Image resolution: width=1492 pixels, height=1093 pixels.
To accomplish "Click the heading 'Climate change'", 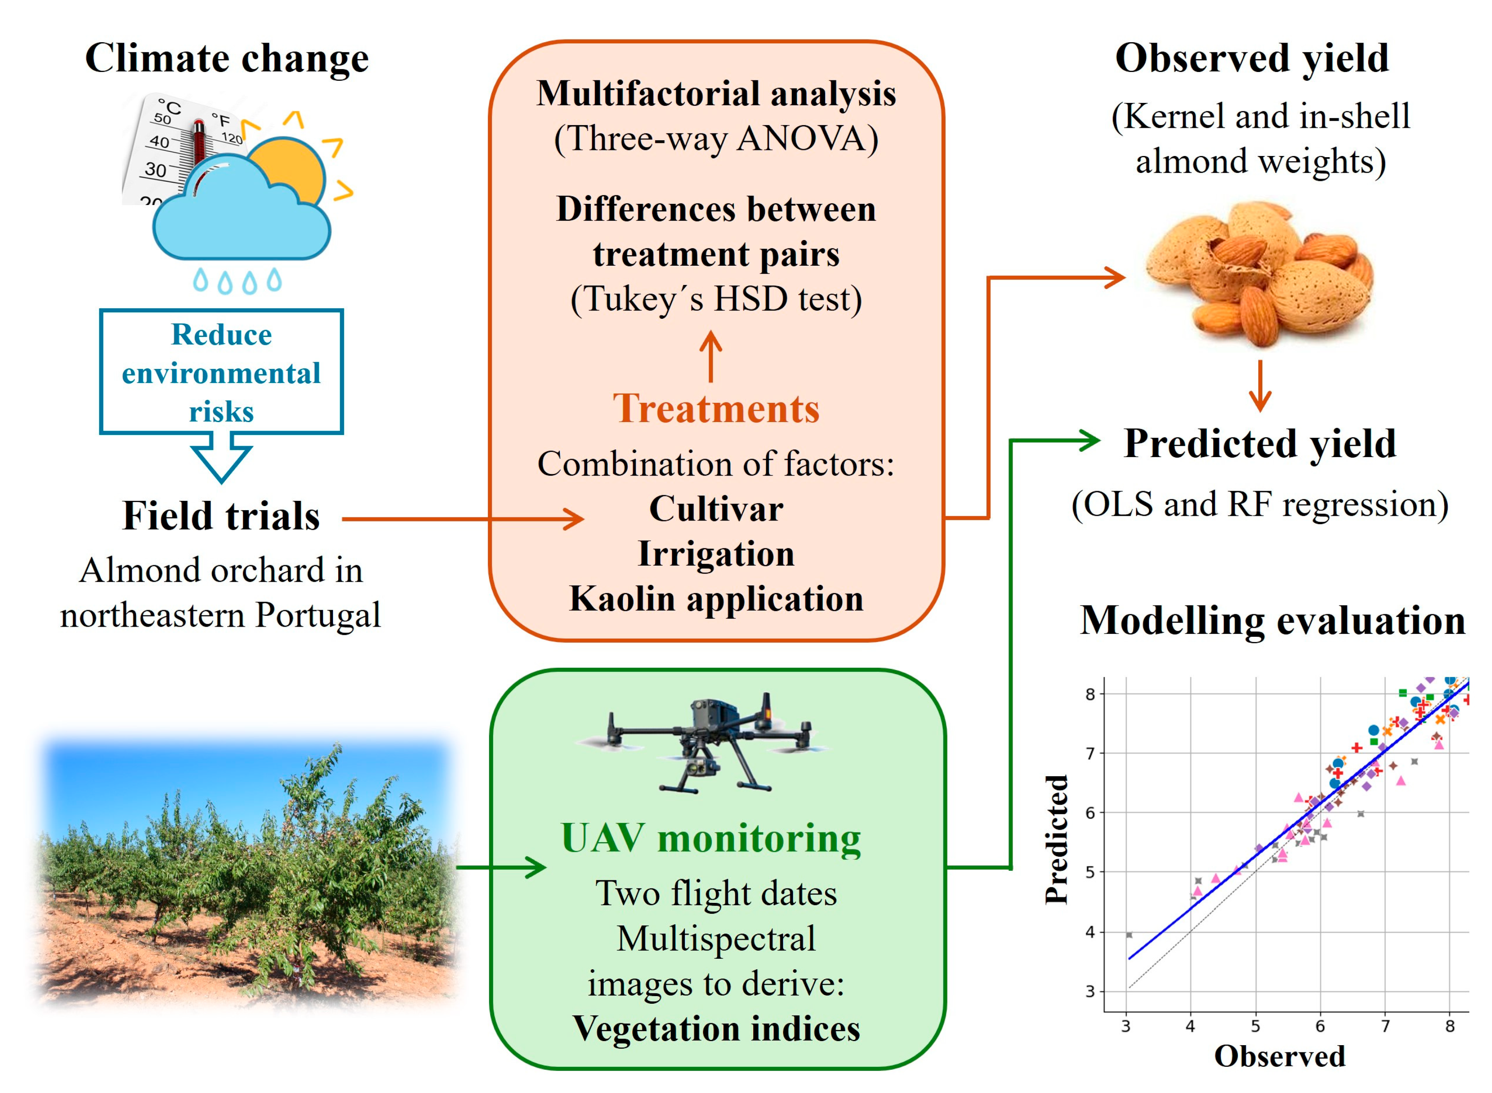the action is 226,58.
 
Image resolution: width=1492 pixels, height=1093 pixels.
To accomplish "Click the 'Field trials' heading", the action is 221,516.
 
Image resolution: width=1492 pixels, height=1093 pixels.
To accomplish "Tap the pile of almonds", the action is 1258,275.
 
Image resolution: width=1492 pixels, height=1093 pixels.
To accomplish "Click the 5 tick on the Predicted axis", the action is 1089,872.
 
